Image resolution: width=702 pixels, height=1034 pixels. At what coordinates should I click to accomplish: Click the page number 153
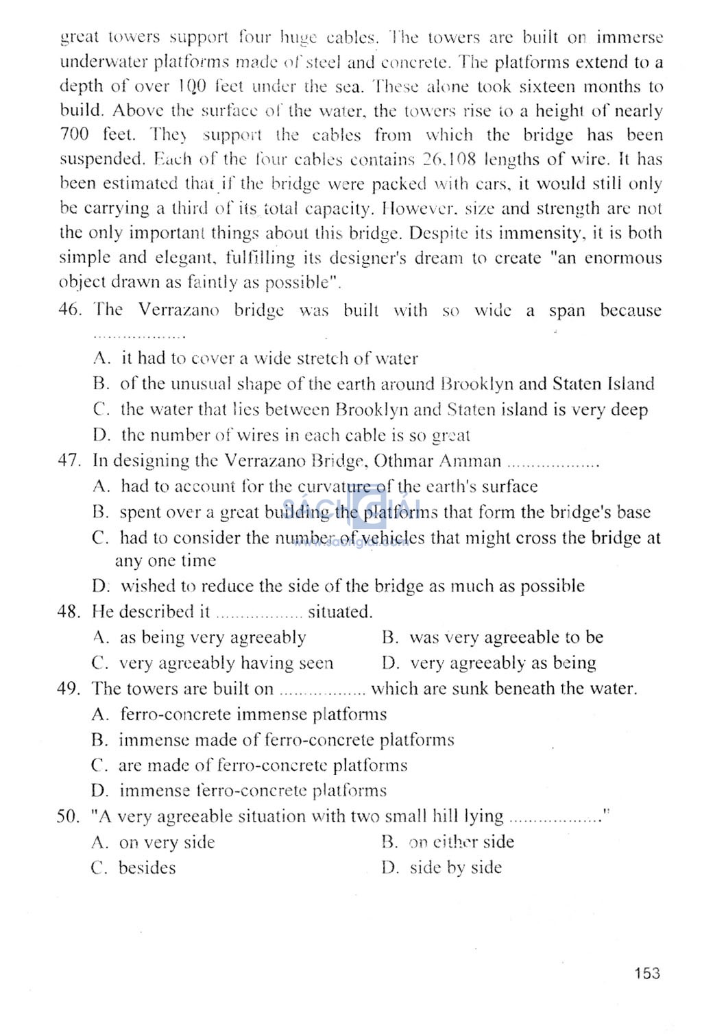pyautogui.click(x=646, y=973)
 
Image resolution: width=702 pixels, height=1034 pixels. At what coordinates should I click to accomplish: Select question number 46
pyautogui.click(x=70, y=310)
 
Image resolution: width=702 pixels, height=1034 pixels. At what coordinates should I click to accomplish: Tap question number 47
pyautogui.click(x=69, y=460)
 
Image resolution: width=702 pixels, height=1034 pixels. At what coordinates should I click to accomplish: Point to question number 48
pyautogui.click(x=69, y=611)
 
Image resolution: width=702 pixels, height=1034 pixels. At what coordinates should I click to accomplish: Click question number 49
pyautogui.click(x=69, y=689)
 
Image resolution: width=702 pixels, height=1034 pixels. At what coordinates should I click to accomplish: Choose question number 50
pyautogui.click(x=69, y=817)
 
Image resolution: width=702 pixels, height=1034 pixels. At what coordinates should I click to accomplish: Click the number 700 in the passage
pyautogui.click(x=74, y=135)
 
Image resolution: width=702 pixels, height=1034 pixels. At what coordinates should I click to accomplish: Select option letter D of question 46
pyautogui.click(x=101, y=435)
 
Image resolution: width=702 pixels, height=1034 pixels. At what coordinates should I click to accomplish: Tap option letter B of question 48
pyautogui.click(x=390, y=637)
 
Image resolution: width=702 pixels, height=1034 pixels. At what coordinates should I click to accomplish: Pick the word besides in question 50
pyautogui.click(x=147, y=868)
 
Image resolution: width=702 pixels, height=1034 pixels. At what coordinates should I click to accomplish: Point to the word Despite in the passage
pyautogui.click(x=439, y=233)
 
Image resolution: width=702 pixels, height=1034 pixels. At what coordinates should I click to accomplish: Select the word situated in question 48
pyautogui.click(x=340, y=611)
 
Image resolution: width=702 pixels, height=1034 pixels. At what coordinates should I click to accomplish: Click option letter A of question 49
pyautogui.click(x=100, y=715)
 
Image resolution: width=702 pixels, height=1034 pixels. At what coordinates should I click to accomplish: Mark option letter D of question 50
pyautogui.click(x=390, y=868)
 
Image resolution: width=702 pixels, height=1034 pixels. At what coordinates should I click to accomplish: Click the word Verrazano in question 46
pyautogui.click(x=179, y=310)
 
